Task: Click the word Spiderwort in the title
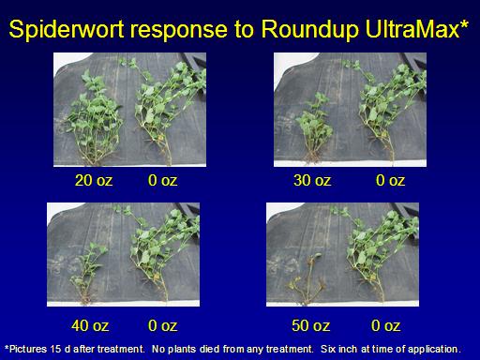coord(67,29)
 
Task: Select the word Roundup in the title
coord(309,29)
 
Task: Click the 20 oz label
coord(94,180)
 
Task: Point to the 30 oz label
coord(312,180)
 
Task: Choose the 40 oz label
coord(90,325)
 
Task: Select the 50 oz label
coord(310,325)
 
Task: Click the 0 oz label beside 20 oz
coord(162,180)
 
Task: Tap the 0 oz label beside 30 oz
coord(390,180)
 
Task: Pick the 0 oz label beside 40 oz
coord(162,325)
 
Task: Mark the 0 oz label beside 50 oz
coord(385,325)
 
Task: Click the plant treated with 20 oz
coord(94,119)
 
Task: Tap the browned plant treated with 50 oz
coord(307,279)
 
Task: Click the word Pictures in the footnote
coord(28,349)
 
